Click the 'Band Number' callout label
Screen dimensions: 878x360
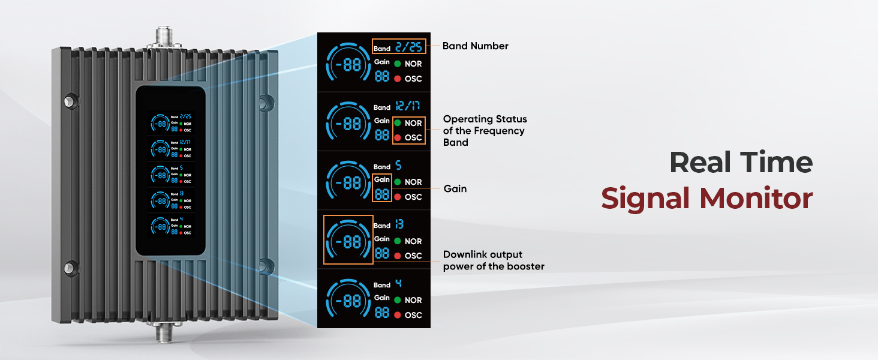[475, 46]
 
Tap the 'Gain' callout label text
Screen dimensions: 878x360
[455, 189]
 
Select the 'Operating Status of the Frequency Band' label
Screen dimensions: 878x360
[485, 131]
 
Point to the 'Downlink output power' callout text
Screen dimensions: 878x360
[493, 260]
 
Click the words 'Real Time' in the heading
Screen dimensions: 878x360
[741, 163]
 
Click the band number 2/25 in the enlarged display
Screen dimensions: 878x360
[410, 47]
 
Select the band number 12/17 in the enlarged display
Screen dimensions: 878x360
[407, 106]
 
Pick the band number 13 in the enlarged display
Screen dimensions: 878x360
[399, 224]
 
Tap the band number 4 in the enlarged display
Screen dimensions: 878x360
[398, 284]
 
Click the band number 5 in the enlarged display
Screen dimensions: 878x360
[398, 166]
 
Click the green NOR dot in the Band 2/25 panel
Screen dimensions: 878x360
[398, 64]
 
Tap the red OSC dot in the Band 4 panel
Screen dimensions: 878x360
[398, 315]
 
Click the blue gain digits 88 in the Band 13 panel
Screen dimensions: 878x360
[382, 253]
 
